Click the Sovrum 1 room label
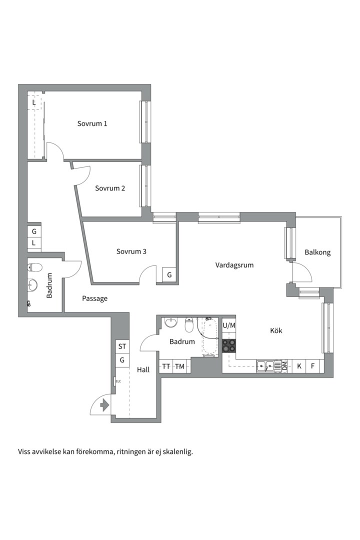point(92,123)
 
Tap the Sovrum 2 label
point(110,188)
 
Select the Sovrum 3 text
point(131,251)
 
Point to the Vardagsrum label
point(234,265)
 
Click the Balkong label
point(317,252)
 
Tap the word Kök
point(276,330)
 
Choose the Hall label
point(143,369)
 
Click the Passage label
point(94,298)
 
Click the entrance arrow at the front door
point(104,405)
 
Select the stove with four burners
point(228,346)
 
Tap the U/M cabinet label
point(228,325)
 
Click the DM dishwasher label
point(284,365)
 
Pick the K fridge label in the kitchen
point(299,365)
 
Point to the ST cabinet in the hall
point(122,346)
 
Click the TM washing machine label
point(179,366)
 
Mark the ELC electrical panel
point(115,381)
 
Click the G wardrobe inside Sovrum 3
point(169,275)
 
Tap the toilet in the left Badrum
point(35,267)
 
